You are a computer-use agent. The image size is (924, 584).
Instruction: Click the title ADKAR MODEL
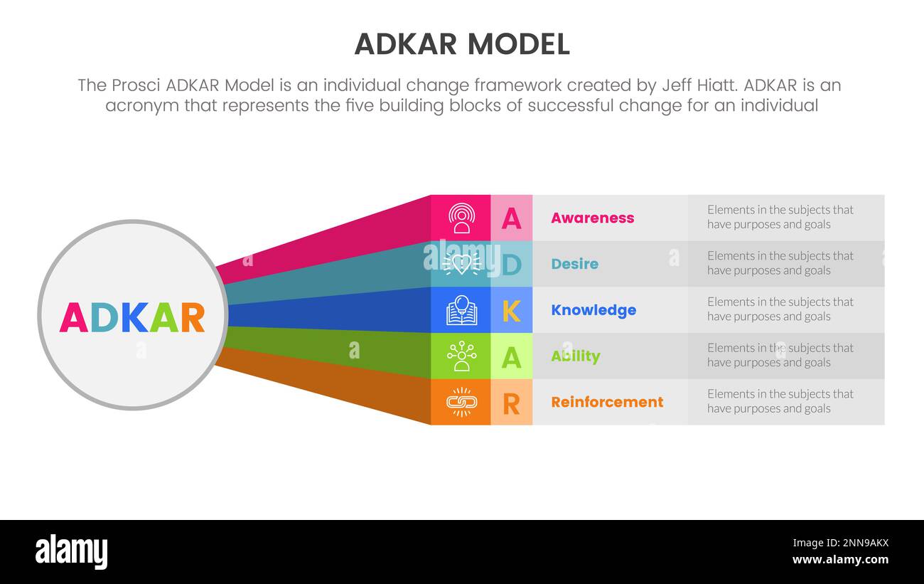click(x=462, y=44)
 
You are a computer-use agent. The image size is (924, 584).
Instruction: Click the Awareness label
click(x=592, y=218)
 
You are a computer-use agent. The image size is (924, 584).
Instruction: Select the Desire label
click(x=574, y=264)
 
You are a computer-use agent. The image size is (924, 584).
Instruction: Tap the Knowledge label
click(x=593, y=310)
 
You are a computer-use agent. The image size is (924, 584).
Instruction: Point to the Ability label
click(x=575, y=356)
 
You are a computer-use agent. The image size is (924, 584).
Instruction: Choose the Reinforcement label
click(x=607, y=402)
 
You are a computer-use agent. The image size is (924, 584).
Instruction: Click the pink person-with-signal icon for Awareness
click(x=461, y=218)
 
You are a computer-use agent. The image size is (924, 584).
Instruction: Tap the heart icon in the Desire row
click(x=461, y=264)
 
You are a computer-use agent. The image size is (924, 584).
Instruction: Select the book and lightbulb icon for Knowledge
click(x=461, y=310)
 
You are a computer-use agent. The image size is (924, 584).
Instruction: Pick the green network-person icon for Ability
click(x=461, y=356)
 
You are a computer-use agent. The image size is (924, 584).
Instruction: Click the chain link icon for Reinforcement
click(x=461, y=402)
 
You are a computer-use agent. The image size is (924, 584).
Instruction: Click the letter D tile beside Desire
click(x=511, y=264)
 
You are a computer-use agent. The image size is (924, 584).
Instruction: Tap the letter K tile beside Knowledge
click(x=511, y=310)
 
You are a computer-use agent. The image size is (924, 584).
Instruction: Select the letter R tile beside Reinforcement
click(x=511, y=402)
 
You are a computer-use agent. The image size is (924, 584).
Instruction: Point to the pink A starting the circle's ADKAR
click(x=73, y=318)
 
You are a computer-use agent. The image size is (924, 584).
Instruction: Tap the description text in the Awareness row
click(x=780, y=217)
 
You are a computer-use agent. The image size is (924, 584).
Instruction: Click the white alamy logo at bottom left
click(x=71, y=552)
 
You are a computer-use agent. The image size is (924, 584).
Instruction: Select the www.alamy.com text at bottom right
click(x=840, y=560)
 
